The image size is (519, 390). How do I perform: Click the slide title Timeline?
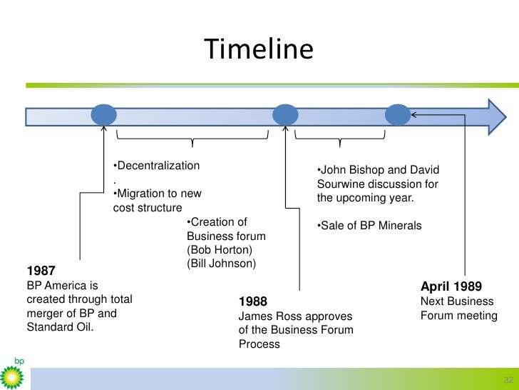click(x=258, y=49)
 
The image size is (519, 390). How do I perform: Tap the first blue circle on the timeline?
click(x=104, y=115)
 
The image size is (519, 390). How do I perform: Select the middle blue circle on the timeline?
click(x=285, y=115)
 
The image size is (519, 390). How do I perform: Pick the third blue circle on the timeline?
click(x=398, y=115)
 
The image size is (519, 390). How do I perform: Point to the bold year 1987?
click(x=41, y=271)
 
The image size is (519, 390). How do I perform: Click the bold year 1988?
click(x=253, y=301)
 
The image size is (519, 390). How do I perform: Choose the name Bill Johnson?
click(x=221, y=264)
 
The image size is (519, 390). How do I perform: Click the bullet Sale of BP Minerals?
click(x=370, y=226)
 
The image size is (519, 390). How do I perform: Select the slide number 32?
click(x=508, y=379)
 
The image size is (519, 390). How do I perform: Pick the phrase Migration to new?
click(x=159, y=194)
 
